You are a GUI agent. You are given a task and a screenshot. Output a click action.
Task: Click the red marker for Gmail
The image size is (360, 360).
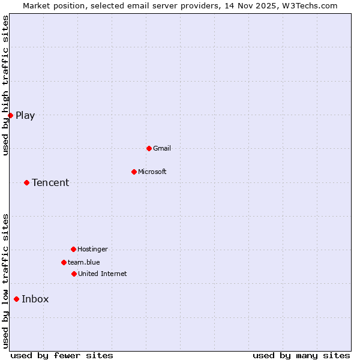coord(149,148)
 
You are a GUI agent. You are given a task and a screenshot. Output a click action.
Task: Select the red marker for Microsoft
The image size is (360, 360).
coord(134,172)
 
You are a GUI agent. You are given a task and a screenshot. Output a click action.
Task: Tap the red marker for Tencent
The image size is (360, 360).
coord(26,182)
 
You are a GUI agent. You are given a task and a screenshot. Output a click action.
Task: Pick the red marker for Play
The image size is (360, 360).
coord(10,115)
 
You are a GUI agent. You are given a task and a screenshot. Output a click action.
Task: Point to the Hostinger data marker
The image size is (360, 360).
coord(73,249)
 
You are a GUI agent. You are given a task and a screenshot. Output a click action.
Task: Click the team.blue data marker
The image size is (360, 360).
coord(64,262)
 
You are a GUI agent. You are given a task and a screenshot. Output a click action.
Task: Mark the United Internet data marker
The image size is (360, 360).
coord(74,274)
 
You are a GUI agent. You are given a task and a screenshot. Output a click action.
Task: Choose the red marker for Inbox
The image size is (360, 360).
coord(16,299)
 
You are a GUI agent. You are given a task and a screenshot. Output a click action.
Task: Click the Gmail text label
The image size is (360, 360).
coord(162,148)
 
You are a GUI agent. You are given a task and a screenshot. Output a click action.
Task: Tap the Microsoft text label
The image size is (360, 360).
coord(152,172)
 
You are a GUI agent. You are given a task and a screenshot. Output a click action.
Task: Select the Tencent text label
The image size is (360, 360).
coord(50,182)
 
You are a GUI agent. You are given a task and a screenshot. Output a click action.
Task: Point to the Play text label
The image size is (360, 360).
coord(25,116)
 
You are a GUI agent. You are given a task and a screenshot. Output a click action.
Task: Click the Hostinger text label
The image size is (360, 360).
coord(92,249)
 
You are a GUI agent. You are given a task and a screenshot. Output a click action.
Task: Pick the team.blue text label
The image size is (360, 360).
coord(84,262)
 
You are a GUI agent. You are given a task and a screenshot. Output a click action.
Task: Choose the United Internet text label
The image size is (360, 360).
coord(103,274)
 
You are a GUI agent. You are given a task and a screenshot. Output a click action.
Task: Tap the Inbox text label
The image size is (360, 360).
coord(35,299)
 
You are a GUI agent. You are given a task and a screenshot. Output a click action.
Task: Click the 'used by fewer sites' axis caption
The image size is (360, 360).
coord(62,355)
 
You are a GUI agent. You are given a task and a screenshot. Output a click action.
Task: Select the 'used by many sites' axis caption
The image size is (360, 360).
coord(301,355)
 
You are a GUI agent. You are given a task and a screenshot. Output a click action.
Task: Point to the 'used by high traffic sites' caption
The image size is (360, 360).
coord(5,85)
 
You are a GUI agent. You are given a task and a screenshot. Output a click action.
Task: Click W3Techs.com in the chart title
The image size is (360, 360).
coord(310,5)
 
